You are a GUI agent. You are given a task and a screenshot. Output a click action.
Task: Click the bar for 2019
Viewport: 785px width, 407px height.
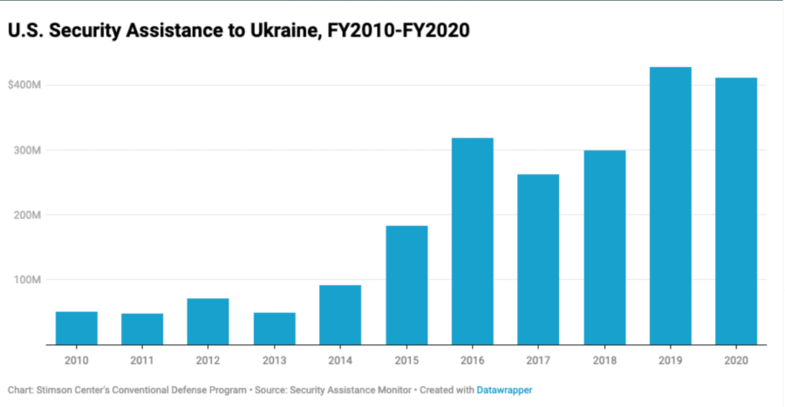pyautogui.click(x=670, y=206)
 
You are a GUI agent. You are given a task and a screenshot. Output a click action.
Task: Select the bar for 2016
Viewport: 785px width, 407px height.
pyautogui.click(x=472, y=241)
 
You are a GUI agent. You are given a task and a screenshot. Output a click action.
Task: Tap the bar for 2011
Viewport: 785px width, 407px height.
pyautogui.click(x=142, y=329)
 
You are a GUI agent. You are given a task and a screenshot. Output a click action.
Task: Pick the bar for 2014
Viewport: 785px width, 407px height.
pyautogui.click(x=340, y=315)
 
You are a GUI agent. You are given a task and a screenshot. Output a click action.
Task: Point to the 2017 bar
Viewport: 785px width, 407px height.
pyautogui.click(x=538, y=260)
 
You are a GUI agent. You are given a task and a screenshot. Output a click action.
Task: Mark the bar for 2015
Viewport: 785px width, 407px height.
pyautogui.click(x=406, y=285)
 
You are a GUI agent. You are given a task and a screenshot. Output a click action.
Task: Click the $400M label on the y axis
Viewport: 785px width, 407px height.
pyautogui.click(x=25, y=85)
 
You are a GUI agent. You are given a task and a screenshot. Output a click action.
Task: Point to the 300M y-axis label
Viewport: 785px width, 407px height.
pyautogui.click(x=25, y=150)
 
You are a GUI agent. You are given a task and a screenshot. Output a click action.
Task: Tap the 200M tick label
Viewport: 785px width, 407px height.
pyautogui.click(x=25, y=214)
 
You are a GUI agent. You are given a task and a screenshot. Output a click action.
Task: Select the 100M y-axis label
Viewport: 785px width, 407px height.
pyautogui.click(x=25, y=280)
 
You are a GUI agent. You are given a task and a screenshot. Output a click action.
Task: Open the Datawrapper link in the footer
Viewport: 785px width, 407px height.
pyautogui.click(x=504, y=390)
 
